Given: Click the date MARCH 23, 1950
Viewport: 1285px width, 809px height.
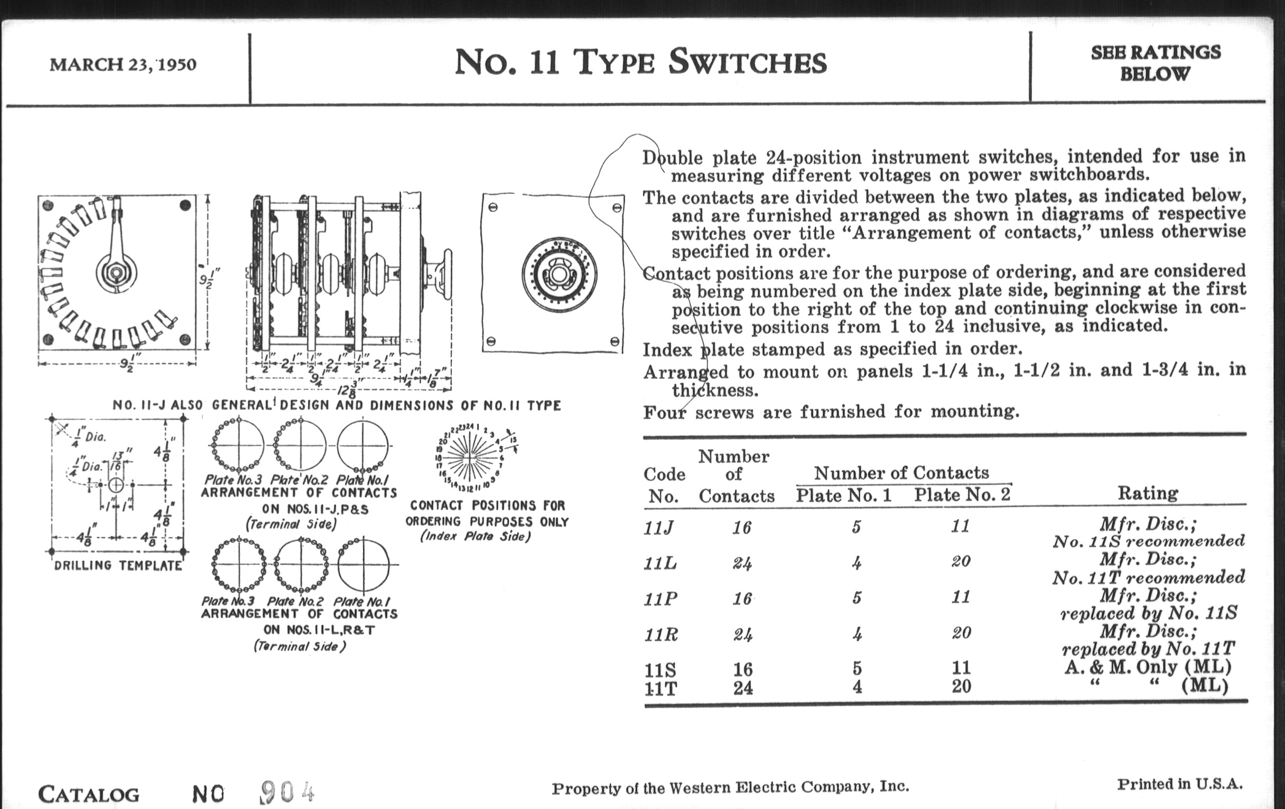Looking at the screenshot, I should tap(123, 65).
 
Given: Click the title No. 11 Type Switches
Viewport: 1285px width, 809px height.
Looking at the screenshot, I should tap(640, 62).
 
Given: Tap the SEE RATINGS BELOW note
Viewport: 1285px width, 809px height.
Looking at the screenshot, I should tap(1156, 63).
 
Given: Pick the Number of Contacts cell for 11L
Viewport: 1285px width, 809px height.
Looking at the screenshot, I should tap(742, 563).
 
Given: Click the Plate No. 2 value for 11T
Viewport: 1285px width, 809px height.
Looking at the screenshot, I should tap(961, 686).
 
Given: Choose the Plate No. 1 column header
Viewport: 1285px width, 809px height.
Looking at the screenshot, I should tap(844, 495).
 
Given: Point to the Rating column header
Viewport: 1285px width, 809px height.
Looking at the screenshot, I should tap(1148, 493).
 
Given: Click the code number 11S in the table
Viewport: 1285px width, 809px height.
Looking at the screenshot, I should tap(660, 669).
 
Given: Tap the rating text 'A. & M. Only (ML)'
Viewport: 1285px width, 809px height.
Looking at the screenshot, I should tap(1148, 667).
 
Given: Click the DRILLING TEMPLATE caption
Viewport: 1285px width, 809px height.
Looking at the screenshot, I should tap(118, 565).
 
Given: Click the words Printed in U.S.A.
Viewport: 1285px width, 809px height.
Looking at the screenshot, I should tap(1180, 784).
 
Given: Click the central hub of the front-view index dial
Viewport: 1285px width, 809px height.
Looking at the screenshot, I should tap(558, 274).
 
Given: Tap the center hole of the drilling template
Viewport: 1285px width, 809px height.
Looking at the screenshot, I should tap(116, 485).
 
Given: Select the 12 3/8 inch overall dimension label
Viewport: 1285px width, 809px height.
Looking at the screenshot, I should tap(347, 391).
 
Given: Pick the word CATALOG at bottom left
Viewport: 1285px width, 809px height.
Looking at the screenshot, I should tap(89, 794).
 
